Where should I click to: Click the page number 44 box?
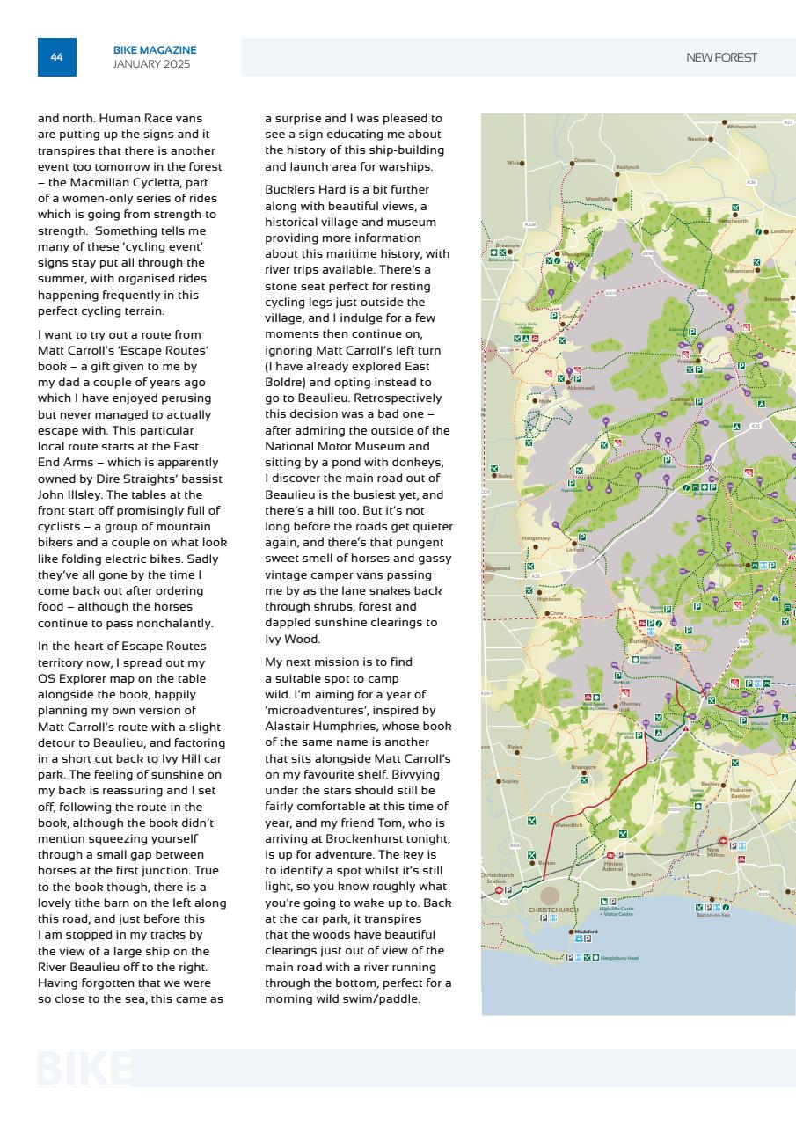(x=56, y=57)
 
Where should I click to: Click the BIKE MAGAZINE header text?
(x=155, y=50)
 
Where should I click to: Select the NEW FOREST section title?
(x=721, y=57)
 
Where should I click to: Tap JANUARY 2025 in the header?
(x=151, y=64)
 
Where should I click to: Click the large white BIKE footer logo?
(x=84, y=1068)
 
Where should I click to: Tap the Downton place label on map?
(x=585, y=160)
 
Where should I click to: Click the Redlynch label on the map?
(x=627, y=166)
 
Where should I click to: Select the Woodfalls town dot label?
(x=597, y=200)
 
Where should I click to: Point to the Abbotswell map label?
(x=581, y=388)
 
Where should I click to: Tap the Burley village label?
(x=639, y=641)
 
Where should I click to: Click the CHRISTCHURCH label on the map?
(x=552, y=910)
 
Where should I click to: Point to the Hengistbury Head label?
(x=619, y=958)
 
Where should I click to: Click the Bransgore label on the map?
(x=583, y=766)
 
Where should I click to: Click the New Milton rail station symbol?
(x=723, y=841)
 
